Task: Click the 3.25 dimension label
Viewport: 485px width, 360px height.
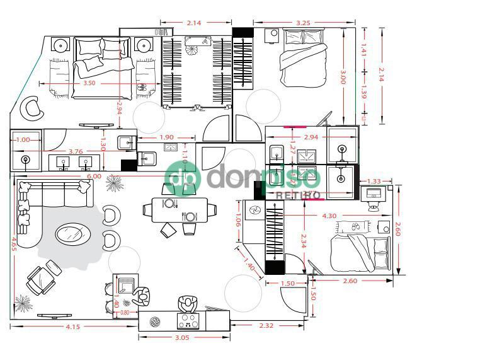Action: click(x=302, y=23)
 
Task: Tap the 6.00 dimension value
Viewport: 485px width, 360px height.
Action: click(x=94, y=177)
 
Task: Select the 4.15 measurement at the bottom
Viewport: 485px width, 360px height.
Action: click(x=72, y=327)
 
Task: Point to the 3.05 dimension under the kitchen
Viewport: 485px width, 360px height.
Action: click(x=181, y=338)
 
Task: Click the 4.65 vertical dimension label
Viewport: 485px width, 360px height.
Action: click(x=13, y=244)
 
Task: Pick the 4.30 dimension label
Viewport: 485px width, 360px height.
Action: click(x=329, y=216)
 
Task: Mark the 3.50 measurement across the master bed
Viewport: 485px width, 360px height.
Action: click(x=89, y=83)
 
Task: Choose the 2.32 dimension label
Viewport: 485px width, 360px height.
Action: click(x=266, y=326)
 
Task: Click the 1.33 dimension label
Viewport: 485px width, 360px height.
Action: click(x=374, y=182)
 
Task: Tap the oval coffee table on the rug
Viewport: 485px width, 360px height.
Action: click(x=72, y=235)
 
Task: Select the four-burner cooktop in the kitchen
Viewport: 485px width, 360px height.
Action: click(x=188, y=322)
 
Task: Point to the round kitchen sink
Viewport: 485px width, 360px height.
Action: click(x=155, y=322)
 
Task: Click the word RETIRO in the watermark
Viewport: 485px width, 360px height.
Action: click(x=299, y=196)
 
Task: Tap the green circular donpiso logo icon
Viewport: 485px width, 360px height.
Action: click(x=182, y=177)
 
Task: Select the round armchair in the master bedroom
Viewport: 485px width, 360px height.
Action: click(x=32, y=108)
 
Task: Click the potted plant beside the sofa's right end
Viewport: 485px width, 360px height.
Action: click(x=114, y=184)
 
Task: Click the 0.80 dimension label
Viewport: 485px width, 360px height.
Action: click(x=125, y=312)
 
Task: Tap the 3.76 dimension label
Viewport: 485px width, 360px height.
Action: click(x=76, y=151)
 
